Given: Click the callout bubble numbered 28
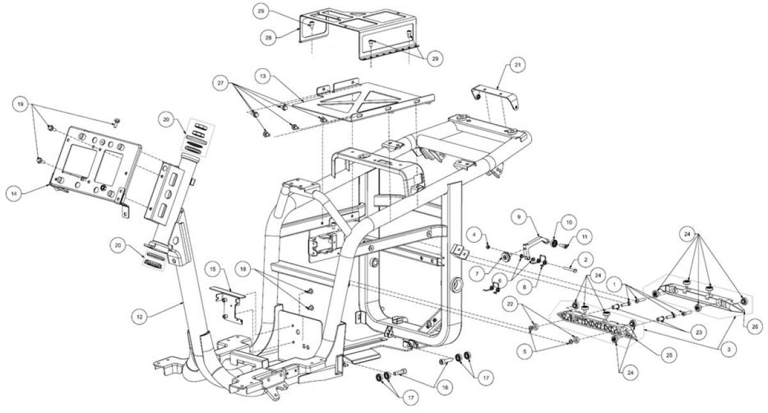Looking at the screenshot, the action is point(268,38).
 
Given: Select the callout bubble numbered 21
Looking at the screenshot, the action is point(518,65).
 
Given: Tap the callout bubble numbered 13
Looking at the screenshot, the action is point(263,76).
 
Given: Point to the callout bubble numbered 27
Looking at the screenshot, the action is point(221,83).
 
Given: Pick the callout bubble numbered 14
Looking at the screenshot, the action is point(14,194).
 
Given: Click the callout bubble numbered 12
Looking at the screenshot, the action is point(140,318).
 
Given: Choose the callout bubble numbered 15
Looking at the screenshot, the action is point(213,270).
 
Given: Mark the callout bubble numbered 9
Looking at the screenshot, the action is point(519,217).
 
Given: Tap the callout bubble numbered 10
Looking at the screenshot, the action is point(569,223).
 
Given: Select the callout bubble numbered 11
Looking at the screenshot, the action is point(585,237).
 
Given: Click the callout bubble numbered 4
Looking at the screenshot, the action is point(474,235).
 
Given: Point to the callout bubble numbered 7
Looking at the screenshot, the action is point(477,274).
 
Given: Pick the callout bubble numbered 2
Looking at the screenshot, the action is point(586,260).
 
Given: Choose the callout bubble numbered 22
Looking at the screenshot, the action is point(511,305).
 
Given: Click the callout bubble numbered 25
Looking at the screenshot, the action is point(669,355).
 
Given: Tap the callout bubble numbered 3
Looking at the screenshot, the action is point(729,350).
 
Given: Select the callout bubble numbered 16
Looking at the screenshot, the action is point(445,388).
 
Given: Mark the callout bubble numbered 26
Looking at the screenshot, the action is point(755,327).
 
